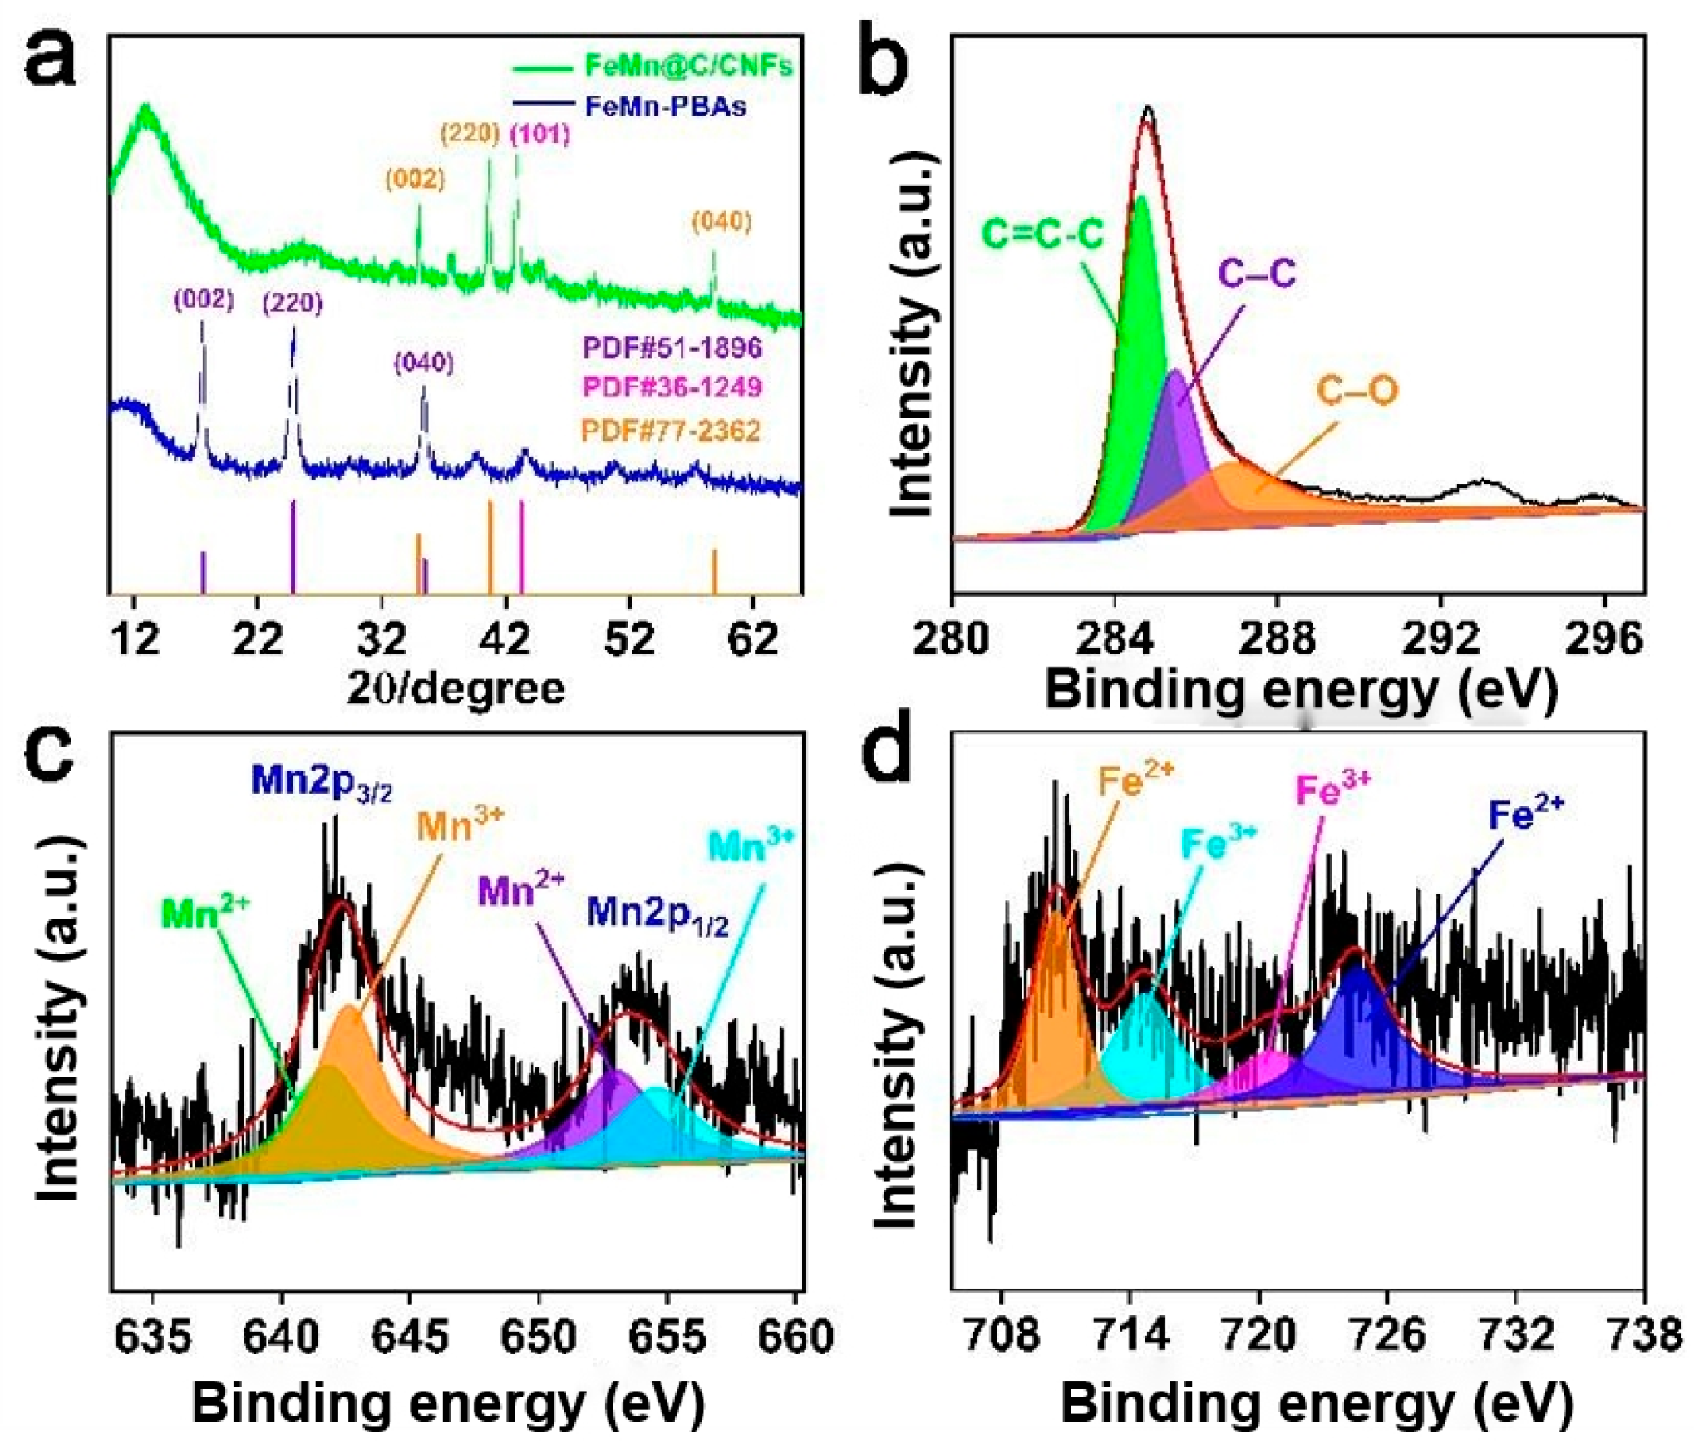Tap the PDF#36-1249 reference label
(672, 387)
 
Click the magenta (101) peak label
(540, 134)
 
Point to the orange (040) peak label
(721, 222)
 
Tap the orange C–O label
(1357, 390)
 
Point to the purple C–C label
(1256, 273)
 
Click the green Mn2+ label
(205, 913)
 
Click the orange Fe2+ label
(1135, 780)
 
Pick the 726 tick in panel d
(1386, 1335)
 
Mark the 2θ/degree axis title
(456, 688)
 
